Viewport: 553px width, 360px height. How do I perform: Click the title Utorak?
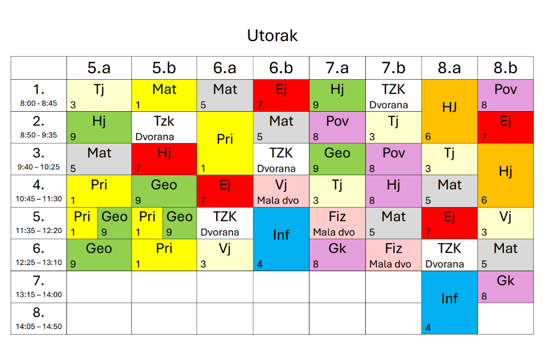click(x=272, y=36)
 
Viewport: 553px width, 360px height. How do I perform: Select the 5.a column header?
click(x=99, y=68)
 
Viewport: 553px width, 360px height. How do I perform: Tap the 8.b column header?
click(x=505, y=68)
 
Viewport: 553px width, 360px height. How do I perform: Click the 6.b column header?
click(x=281, y=68)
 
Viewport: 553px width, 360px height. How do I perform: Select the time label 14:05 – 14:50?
click(x=39, y=326)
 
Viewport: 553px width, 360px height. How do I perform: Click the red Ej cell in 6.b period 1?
click(x=281, y=95)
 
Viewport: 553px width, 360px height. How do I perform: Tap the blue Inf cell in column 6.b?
click(x=281, y=239)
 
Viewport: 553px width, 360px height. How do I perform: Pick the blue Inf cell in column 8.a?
click(x=449, y=303)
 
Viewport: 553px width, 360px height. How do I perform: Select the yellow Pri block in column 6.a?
click(x=225, y=143)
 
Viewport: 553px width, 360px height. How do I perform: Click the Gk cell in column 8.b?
click(x=505, y=286)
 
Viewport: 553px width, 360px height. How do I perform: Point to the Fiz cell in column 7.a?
click(x=337, y=223)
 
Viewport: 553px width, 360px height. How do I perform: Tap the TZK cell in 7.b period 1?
click(x=393, y=95)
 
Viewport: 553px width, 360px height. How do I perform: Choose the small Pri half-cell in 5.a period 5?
click(x=82, y=223)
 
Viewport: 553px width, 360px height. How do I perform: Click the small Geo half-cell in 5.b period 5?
click(x=180, y=223)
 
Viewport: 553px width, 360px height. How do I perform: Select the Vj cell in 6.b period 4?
click(x=281, y=191)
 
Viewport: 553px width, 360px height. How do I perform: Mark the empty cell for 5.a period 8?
click(x=99, y=318)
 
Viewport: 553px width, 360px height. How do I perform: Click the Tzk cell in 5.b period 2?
click(x=164, y=127)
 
